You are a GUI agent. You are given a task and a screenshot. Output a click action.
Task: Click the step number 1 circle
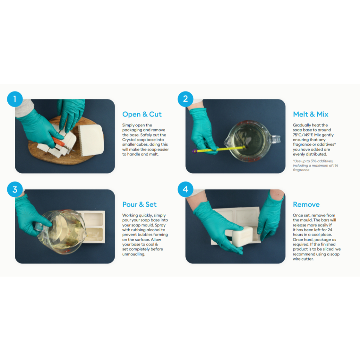click(x=15, y=99)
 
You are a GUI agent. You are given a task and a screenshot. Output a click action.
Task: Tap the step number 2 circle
click(x=186, y=99)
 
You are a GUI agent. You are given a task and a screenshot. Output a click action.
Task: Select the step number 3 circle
click(x=15, y=189)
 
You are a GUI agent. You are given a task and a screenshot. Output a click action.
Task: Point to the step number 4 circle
click(x=186, y=189)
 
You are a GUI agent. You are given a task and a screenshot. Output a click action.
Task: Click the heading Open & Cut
click(x=142, y=114)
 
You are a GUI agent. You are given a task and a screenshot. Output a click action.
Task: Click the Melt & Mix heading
click(x=310, y=114)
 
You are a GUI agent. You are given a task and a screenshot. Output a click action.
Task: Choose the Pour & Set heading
click(x=139, y=204)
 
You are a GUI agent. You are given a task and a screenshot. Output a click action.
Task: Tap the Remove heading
click(x=306, y=204)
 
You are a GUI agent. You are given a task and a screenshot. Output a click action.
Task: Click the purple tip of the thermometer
click(x=195, y=151)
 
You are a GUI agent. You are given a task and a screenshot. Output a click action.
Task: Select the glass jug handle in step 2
click(x=276, y=139)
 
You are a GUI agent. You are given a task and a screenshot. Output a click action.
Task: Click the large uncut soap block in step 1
click(x=91, y=140)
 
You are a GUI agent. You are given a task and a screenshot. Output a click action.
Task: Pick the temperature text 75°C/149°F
click(x=303, y=135)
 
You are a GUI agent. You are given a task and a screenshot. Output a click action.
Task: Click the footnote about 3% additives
click(x=315, y=165)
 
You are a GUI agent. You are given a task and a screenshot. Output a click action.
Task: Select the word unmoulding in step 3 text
click(x=134, y=254)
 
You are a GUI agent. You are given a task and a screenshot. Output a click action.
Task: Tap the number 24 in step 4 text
click(x=330, y=230)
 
